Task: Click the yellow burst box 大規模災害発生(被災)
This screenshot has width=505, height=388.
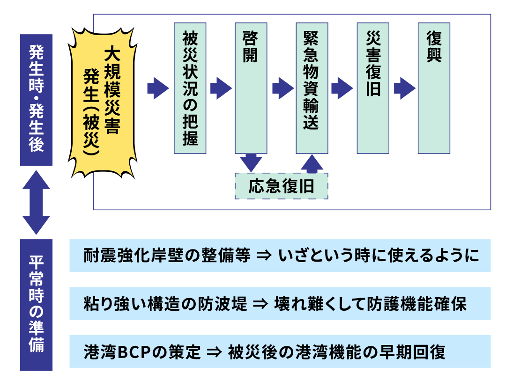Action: pyautogui.click(x=103, y=101)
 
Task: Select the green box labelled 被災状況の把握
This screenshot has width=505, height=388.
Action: pyautogui.click(x=190, y=88)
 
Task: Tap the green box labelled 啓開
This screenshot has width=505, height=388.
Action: pyautogui.click(x=251, y=88)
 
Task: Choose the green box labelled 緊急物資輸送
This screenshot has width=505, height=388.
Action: pyautogui.click(x=312, y=88)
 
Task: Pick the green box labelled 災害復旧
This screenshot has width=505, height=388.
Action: pyautogui.click(x=373, y=88)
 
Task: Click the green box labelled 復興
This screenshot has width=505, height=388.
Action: pyautogui.click(x=434, y=88)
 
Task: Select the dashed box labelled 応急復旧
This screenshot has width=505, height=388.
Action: pyautogui.click(x=281, y=186)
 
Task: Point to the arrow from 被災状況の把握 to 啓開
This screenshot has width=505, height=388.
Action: pyautogui.click(x=220, y=88)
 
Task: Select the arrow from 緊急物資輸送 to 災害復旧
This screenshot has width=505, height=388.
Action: pyautogui.click(x=342, y=88)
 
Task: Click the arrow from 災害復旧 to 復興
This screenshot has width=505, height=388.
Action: pyautogui.click(x=404, y=88)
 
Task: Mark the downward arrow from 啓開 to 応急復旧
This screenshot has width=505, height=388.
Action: pyautogui.click(x=251, y=162)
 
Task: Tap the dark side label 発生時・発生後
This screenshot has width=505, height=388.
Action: pyautogui.click(x=36, y=100)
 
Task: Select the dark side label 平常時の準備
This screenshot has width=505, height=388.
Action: pyautogui.click(x=36, y=304)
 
